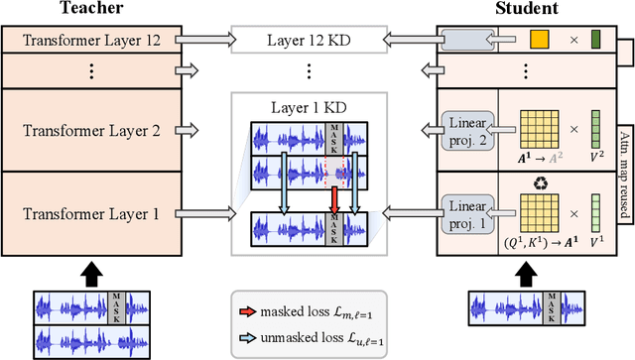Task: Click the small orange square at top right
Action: [540, 42]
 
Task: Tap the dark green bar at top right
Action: [595, 42]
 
